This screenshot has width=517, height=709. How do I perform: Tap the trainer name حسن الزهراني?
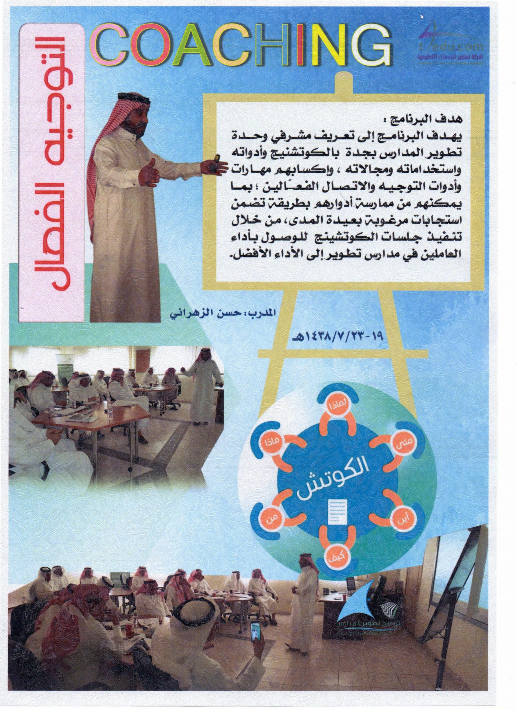(x=236, y=312)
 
